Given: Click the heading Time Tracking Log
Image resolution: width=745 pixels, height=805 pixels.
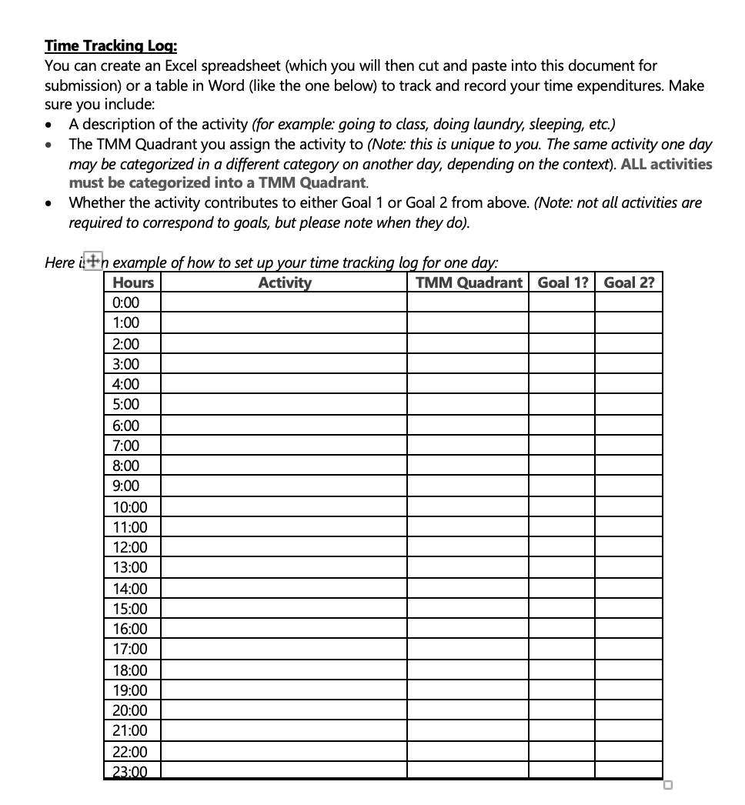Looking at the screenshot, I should [x=111, y=46].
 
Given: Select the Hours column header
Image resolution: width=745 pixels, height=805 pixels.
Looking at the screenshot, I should [x=132, y=282].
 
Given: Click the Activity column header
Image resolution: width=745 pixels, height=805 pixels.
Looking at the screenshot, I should [x=284, y=282].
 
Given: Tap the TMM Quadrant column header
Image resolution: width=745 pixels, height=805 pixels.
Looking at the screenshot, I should [x=468, y=282].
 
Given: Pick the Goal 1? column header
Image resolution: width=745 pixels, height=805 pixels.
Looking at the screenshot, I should [x=562, y=282].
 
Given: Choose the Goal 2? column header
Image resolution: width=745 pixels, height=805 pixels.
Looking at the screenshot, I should [x=629, y=282].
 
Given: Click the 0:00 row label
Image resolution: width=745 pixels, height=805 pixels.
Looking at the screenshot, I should [x=126, y=302].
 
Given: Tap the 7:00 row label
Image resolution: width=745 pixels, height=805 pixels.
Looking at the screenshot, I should [x=126, y=445].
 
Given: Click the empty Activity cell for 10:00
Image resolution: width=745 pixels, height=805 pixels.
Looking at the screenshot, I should [x=284, y=506].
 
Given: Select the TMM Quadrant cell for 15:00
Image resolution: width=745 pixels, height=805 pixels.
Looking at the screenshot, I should [x=468, y=609].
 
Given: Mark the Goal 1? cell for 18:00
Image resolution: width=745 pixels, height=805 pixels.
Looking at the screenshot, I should [x=562, y=670].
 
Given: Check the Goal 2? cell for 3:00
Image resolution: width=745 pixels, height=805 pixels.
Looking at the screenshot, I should [x=629, y=363].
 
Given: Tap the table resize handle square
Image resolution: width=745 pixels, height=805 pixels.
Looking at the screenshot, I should [x=667, y=785].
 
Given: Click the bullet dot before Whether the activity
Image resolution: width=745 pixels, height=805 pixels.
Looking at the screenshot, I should [x=50, y=204].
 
